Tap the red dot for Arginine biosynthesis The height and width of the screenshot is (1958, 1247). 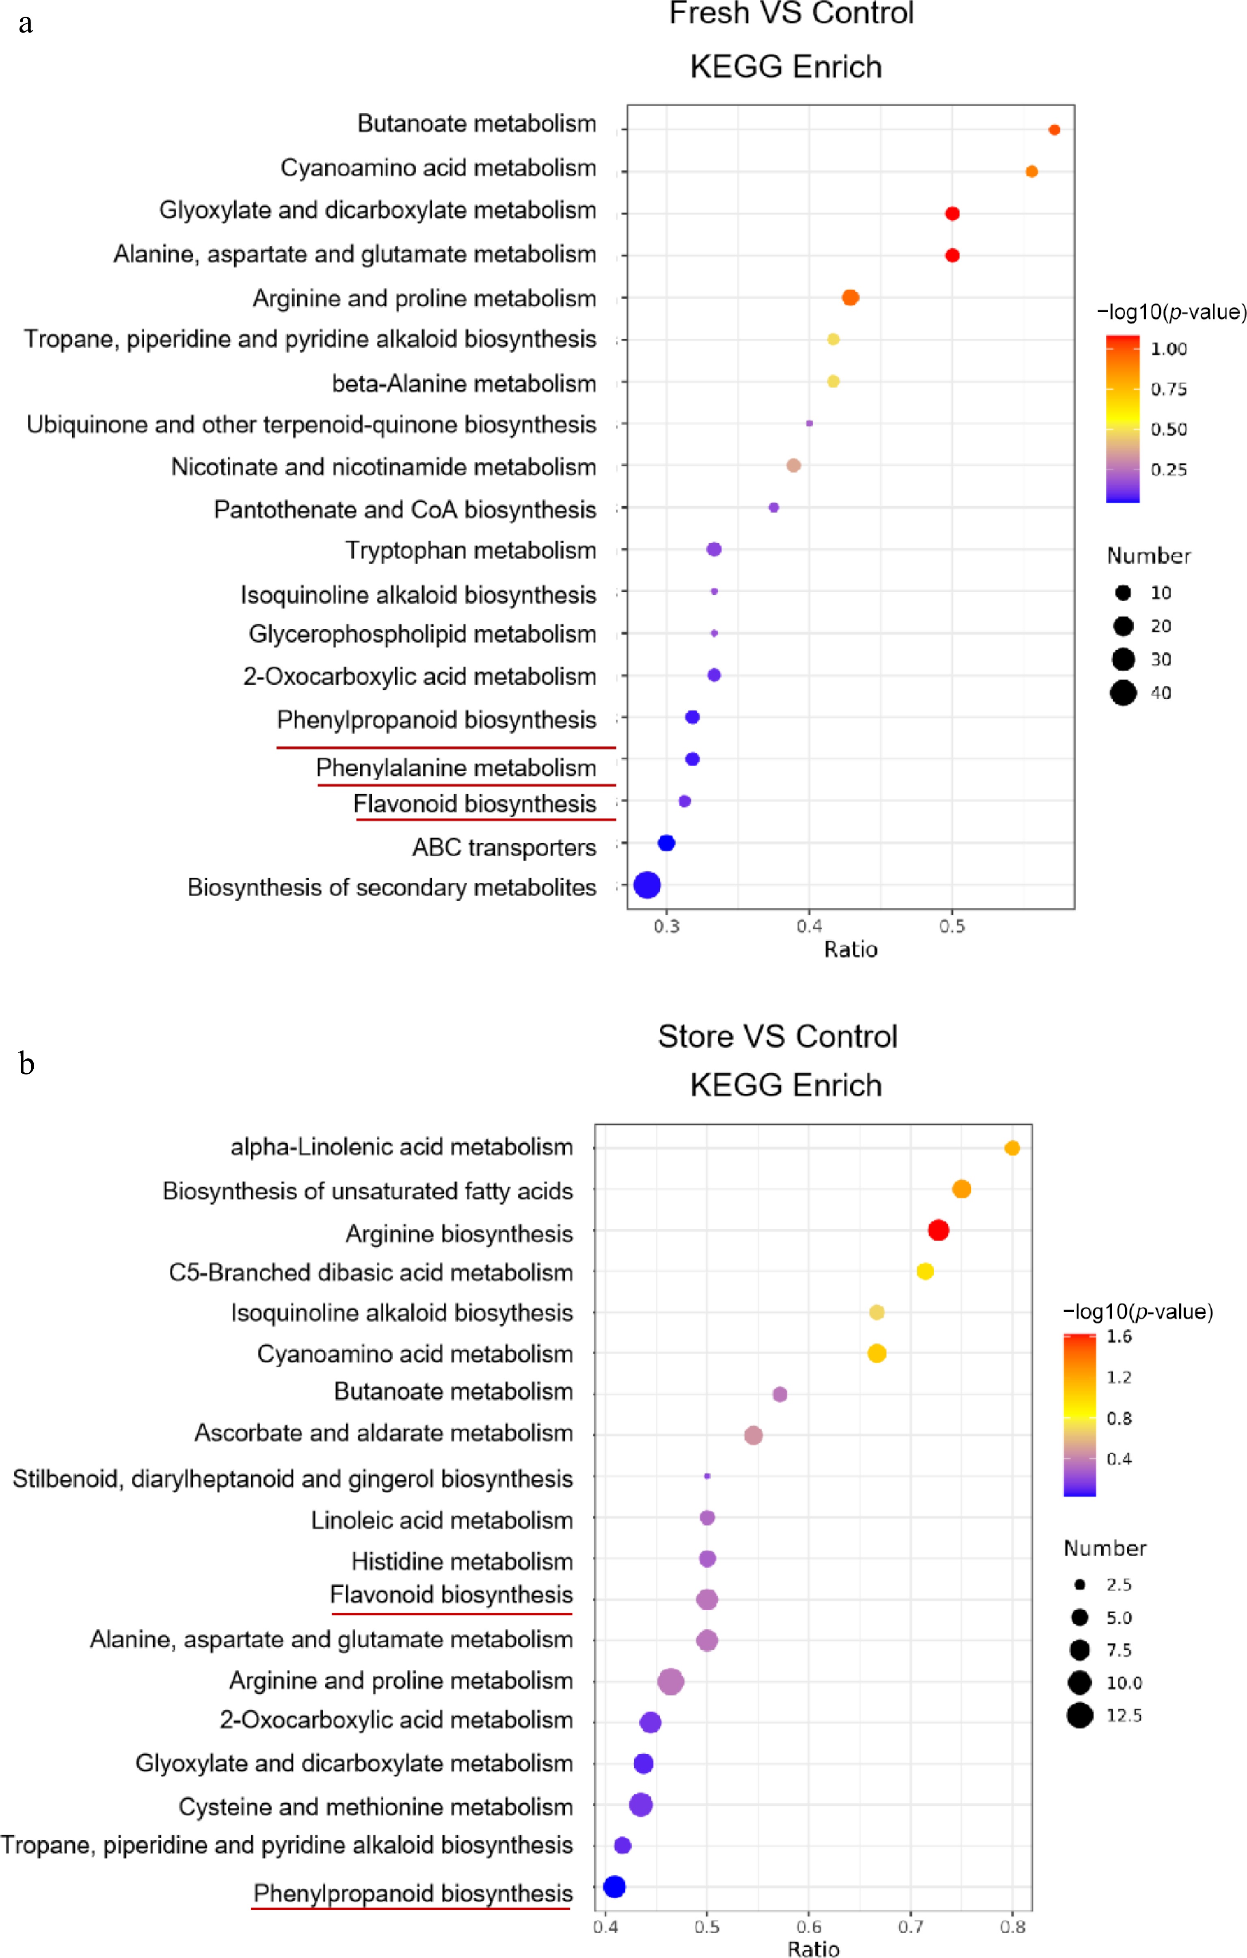938,1230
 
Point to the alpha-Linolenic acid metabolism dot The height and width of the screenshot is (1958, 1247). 1012,1148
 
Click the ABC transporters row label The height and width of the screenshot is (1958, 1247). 504,847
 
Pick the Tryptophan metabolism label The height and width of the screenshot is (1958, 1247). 471,550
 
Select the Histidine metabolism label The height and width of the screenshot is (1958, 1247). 462,1561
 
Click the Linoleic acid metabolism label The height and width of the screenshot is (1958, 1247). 442,1520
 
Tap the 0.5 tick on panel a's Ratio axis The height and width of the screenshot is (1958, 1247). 952,926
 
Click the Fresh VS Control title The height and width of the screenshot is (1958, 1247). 791,14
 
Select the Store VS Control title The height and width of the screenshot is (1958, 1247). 777,1037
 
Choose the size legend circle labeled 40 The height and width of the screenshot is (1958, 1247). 1124,693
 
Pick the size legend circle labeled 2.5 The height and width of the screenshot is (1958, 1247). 1080,1585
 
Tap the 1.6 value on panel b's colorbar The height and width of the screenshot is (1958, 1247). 1119,1337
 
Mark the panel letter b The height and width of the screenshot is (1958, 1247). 27,1063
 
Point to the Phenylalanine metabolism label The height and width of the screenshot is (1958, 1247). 456,768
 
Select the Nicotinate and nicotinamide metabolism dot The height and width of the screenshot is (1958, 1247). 793,465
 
